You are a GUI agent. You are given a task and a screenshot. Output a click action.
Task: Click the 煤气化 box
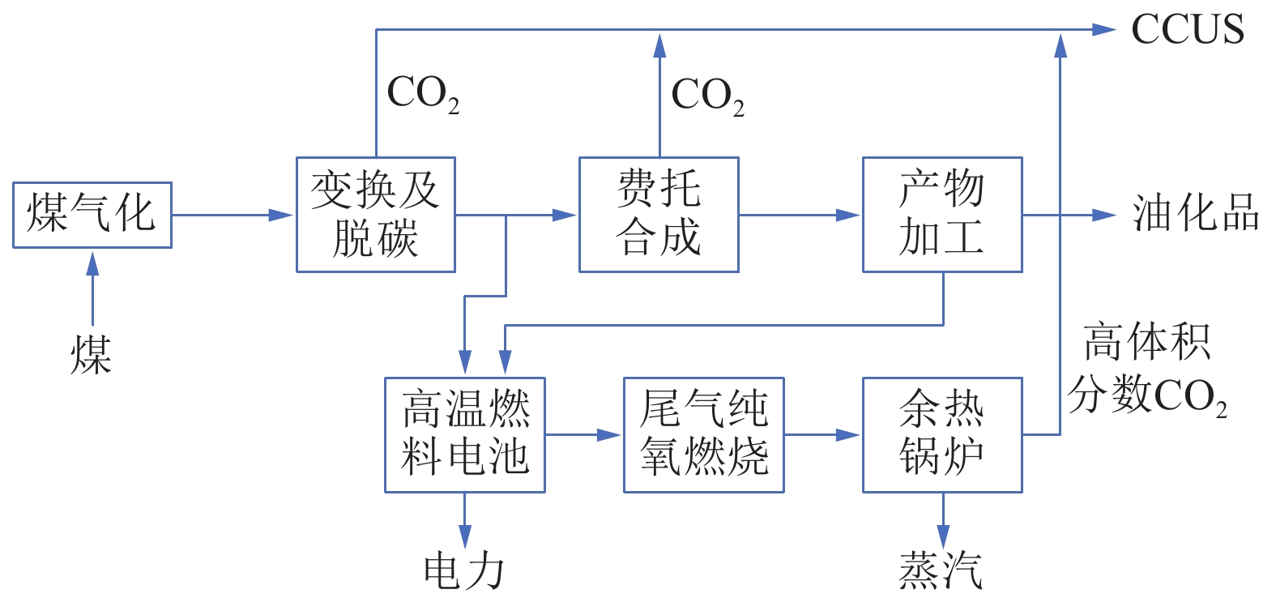(x=92, y=215)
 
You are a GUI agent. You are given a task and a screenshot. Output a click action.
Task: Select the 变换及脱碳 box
(x=375, y=215)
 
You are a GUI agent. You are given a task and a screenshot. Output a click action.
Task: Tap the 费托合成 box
(x=659, y=215)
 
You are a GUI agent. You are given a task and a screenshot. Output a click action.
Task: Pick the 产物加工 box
(x=942, y=215)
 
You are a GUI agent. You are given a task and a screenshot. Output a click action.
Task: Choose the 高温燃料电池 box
(x=464, y=434)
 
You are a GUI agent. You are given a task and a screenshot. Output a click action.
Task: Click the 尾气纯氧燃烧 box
(x=703, y=434)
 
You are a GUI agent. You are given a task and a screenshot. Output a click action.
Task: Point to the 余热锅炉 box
(x=942, y=434)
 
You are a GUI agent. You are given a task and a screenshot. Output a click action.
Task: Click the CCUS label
(x=1187, y=30)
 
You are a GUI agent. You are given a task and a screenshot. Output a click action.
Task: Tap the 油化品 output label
(x=1195, y=213)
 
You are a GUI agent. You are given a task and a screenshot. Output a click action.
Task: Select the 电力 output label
(x=464, y=571)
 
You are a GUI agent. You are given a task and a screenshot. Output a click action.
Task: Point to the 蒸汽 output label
(x=941, y=571)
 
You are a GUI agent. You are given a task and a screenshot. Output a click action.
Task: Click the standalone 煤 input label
(x=91, y=355)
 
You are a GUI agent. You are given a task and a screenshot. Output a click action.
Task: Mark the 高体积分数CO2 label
(x=1146, y=369)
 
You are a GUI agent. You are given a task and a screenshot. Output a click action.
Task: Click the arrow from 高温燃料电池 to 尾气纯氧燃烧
(x=583, y=434)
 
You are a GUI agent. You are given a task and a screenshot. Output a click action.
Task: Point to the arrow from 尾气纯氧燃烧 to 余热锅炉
(x=822, y=434)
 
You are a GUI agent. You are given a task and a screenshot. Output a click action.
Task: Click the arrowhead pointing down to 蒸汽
(x=942, y=535)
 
